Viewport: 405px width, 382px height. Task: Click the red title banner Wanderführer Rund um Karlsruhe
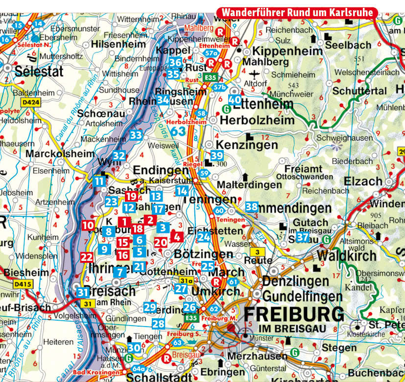click(297, 12)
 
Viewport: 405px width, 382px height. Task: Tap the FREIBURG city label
click(293, 313)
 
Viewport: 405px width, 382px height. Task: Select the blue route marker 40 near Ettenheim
click(235, 100)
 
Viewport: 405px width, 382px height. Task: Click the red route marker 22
click(87, 256)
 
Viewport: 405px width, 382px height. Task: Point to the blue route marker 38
click(252, 206)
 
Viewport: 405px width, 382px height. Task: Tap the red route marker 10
click(88, 226)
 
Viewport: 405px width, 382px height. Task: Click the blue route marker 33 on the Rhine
click(136, 135)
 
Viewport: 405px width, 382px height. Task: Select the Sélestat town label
click(32, 71)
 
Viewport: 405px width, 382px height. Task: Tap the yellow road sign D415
click(22, 284)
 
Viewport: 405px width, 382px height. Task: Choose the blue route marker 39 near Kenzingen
click(217, 155)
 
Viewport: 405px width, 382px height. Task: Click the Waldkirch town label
click(347, 255)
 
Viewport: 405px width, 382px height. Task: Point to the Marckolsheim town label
click(60, 153)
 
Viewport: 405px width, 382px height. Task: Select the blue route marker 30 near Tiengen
click(134, 347)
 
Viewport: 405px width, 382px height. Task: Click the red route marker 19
click(130, 196)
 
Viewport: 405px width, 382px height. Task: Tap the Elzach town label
click(362, 181)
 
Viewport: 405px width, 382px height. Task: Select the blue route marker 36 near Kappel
click(175, 62)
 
